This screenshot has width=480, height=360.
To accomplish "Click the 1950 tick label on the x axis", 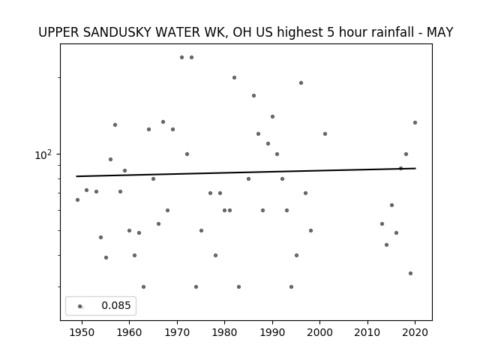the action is (x=82, y=332).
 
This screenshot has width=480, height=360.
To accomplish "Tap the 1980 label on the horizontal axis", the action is (x=225, y=332).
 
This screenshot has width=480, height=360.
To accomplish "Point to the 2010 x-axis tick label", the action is (x=367, y=332).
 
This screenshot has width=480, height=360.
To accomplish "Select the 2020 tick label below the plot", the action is (x=415, y=332).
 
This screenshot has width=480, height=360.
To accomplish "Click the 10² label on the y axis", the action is (x=43, y=155).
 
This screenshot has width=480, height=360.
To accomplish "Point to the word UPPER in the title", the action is (x=58, y=32).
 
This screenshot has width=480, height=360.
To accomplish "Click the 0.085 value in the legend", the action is (x=116, y=305).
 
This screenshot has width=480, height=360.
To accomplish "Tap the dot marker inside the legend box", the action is (x=79, y=307).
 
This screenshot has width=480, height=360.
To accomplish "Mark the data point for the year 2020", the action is (x=415, y=123).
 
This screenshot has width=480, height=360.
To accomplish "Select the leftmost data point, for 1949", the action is (x=77, y=200).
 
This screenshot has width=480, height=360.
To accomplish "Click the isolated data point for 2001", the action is (x=325, y=133).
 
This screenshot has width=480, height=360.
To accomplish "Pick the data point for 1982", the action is (x=234, y=78).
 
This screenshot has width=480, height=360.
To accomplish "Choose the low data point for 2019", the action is (x=410, y=273).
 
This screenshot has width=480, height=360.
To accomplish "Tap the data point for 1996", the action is (x=301, y=83).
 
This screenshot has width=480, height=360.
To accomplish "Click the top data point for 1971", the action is (x=181, y=58).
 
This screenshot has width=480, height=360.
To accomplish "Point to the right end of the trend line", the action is (x=415, y=168).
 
